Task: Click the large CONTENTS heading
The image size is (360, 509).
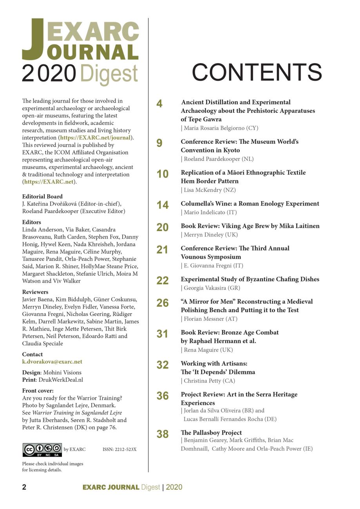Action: click(257, 72)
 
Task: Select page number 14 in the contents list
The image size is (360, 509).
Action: click(163, 205)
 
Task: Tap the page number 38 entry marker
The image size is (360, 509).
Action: click(163, 434)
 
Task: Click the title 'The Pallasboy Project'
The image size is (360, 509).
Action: click(211, 433)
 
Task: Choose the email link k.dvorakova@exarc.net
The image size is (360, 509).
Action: click(52, 362)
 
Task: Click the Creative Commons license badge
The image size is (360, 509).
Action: click(42, 450)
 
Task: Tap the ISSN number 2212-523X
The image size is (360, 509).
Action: click(119, 449)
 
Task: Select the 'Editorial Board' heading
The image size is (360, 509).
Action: click(42, 197)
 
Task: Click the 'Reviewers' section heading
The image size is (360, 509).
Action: click(35, 292)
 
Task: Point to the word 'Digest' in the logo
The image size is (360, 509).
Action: click(109, 74)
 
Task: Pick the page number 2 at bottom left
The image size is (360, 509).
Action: click(24, 487)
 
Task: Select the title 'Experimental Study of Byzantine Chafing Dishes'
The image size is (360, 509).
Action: click(250, 279)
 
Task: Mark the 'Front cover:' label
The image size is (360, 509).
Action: click(38, 391)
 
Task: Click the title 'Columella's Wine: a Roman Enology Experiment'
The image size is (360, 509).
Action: click(250, 204)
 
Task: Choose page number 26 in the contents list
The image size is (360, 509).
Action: click(163, 303)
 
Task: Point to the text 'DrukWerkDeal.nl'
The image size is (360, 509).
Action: click(61, 380)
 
